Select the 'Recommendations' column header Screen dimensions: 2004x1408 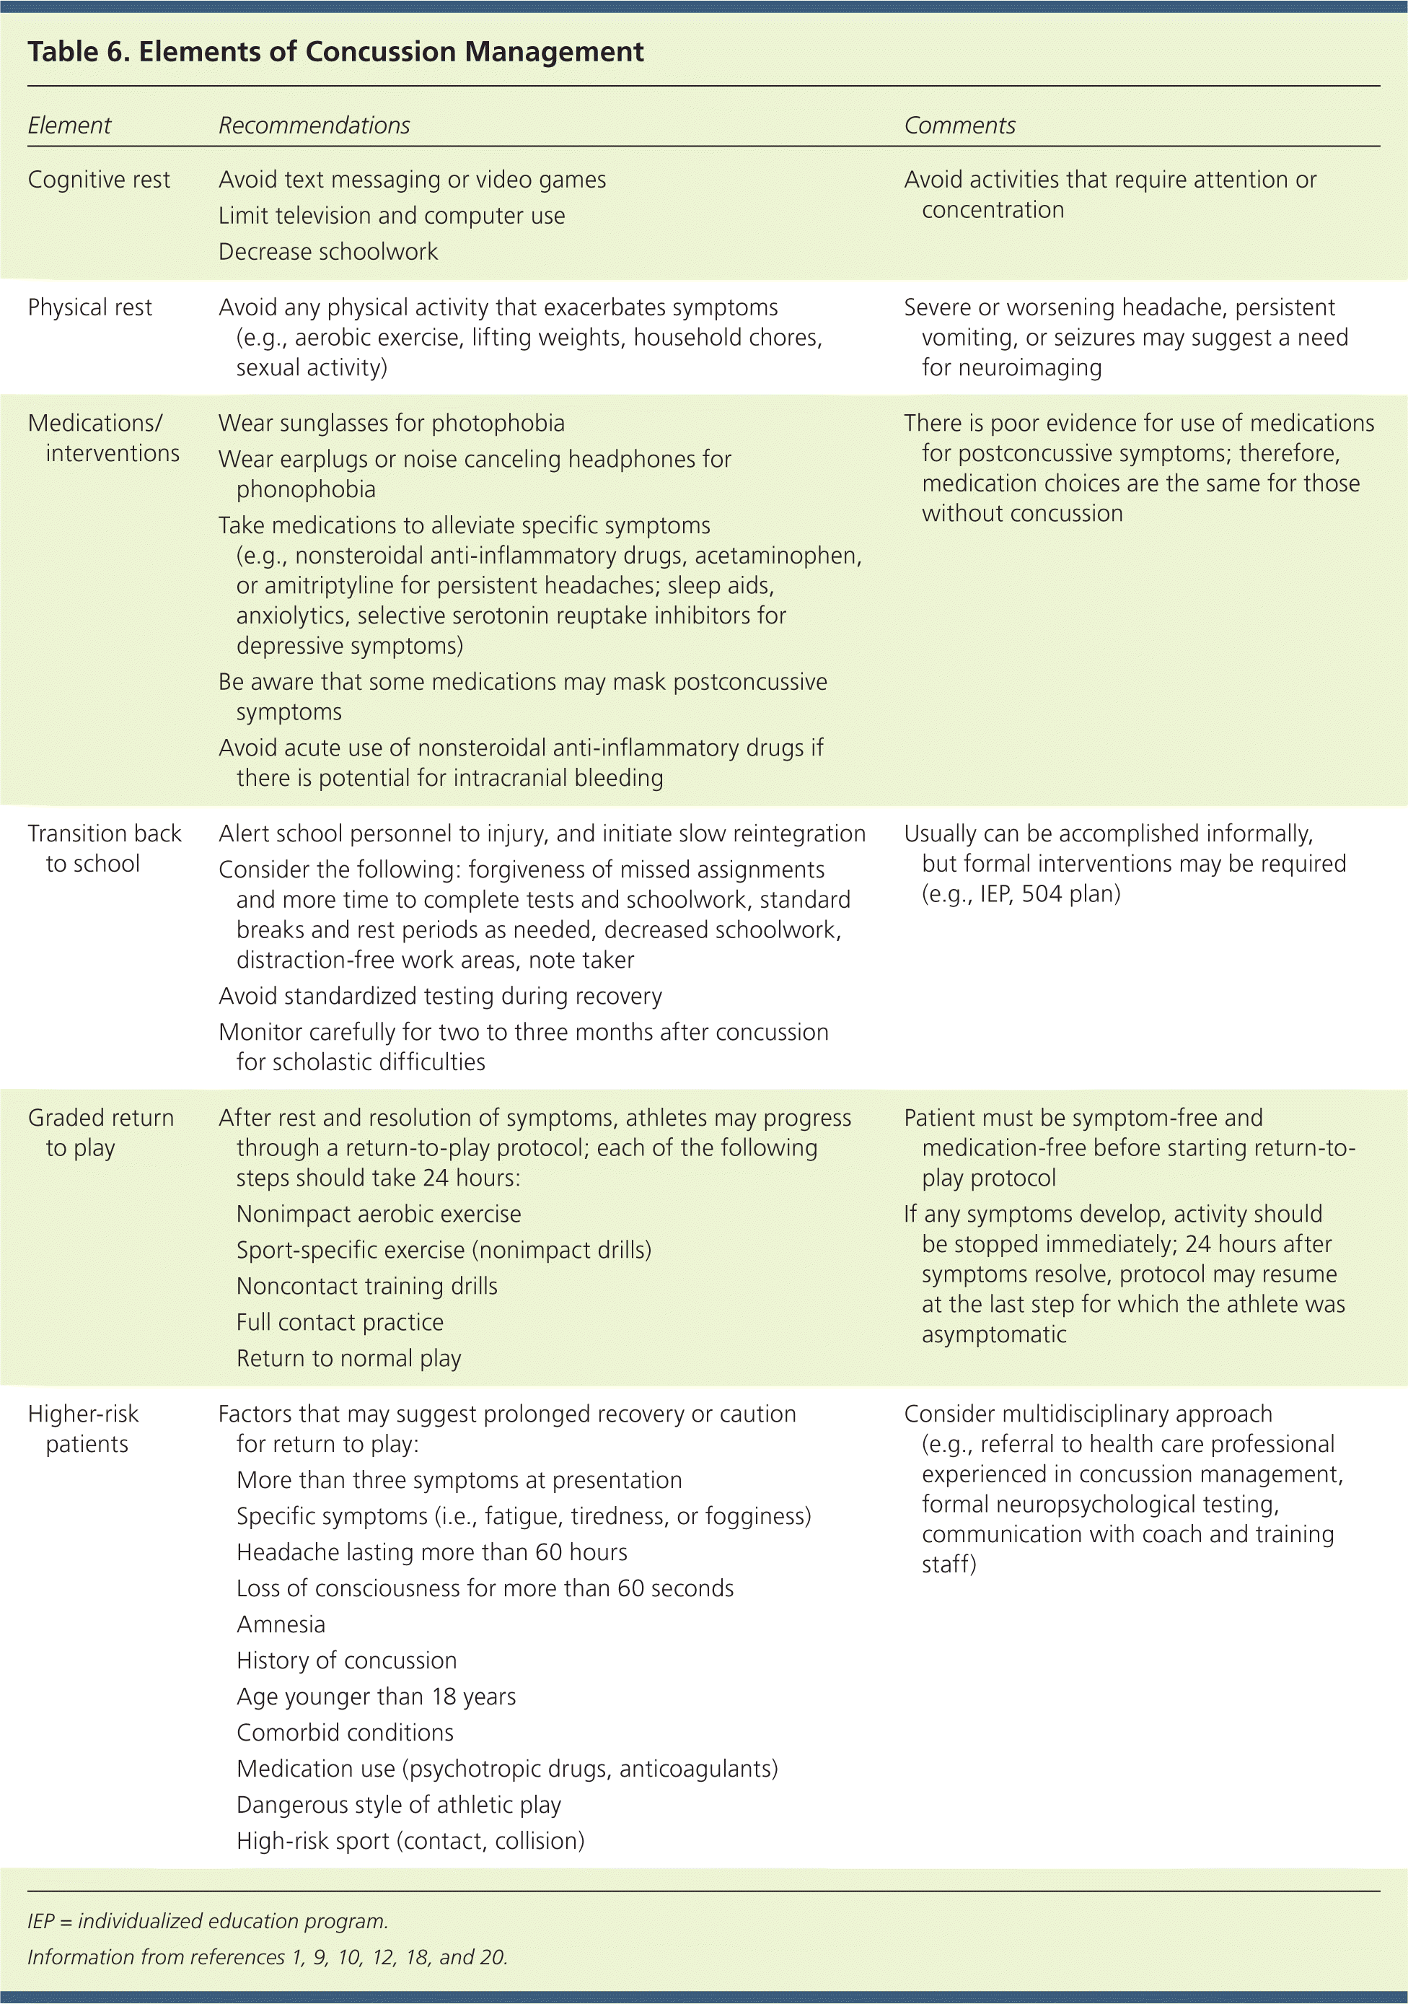click(314, 126)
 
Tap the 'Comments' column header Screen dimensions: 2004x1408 click(959, 126)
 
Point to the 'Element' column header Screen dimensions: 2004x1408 click(69, 126)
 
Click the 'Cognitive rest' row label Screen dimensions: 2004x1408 click(99, 180)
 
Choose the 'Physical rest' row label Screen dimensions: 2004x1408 click(90, 307)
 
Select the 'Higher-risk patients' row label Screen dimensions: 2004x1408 click(84, 1429)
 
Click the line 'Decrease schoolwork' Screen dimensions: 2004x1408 click(328, 251)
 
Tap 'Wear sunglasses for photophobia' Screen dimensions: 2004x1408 click(392, 424)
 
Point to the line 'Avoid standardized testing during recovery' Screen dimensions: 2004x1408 click(441, 996)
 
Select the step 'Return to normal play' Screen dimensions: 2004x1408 click(349, 1358)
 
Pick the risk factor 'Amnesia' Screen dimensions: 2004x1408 click(281, 1624)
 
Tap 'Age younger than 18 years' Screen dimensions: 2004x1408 click(376, 1696)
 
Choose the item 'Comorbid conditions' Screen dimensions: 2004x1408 click(346, 1733)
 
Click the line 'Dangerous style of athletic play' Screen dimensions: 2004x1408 click(399, 1804)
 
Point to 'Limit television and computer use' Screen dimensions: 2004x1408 click(392, 216)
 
